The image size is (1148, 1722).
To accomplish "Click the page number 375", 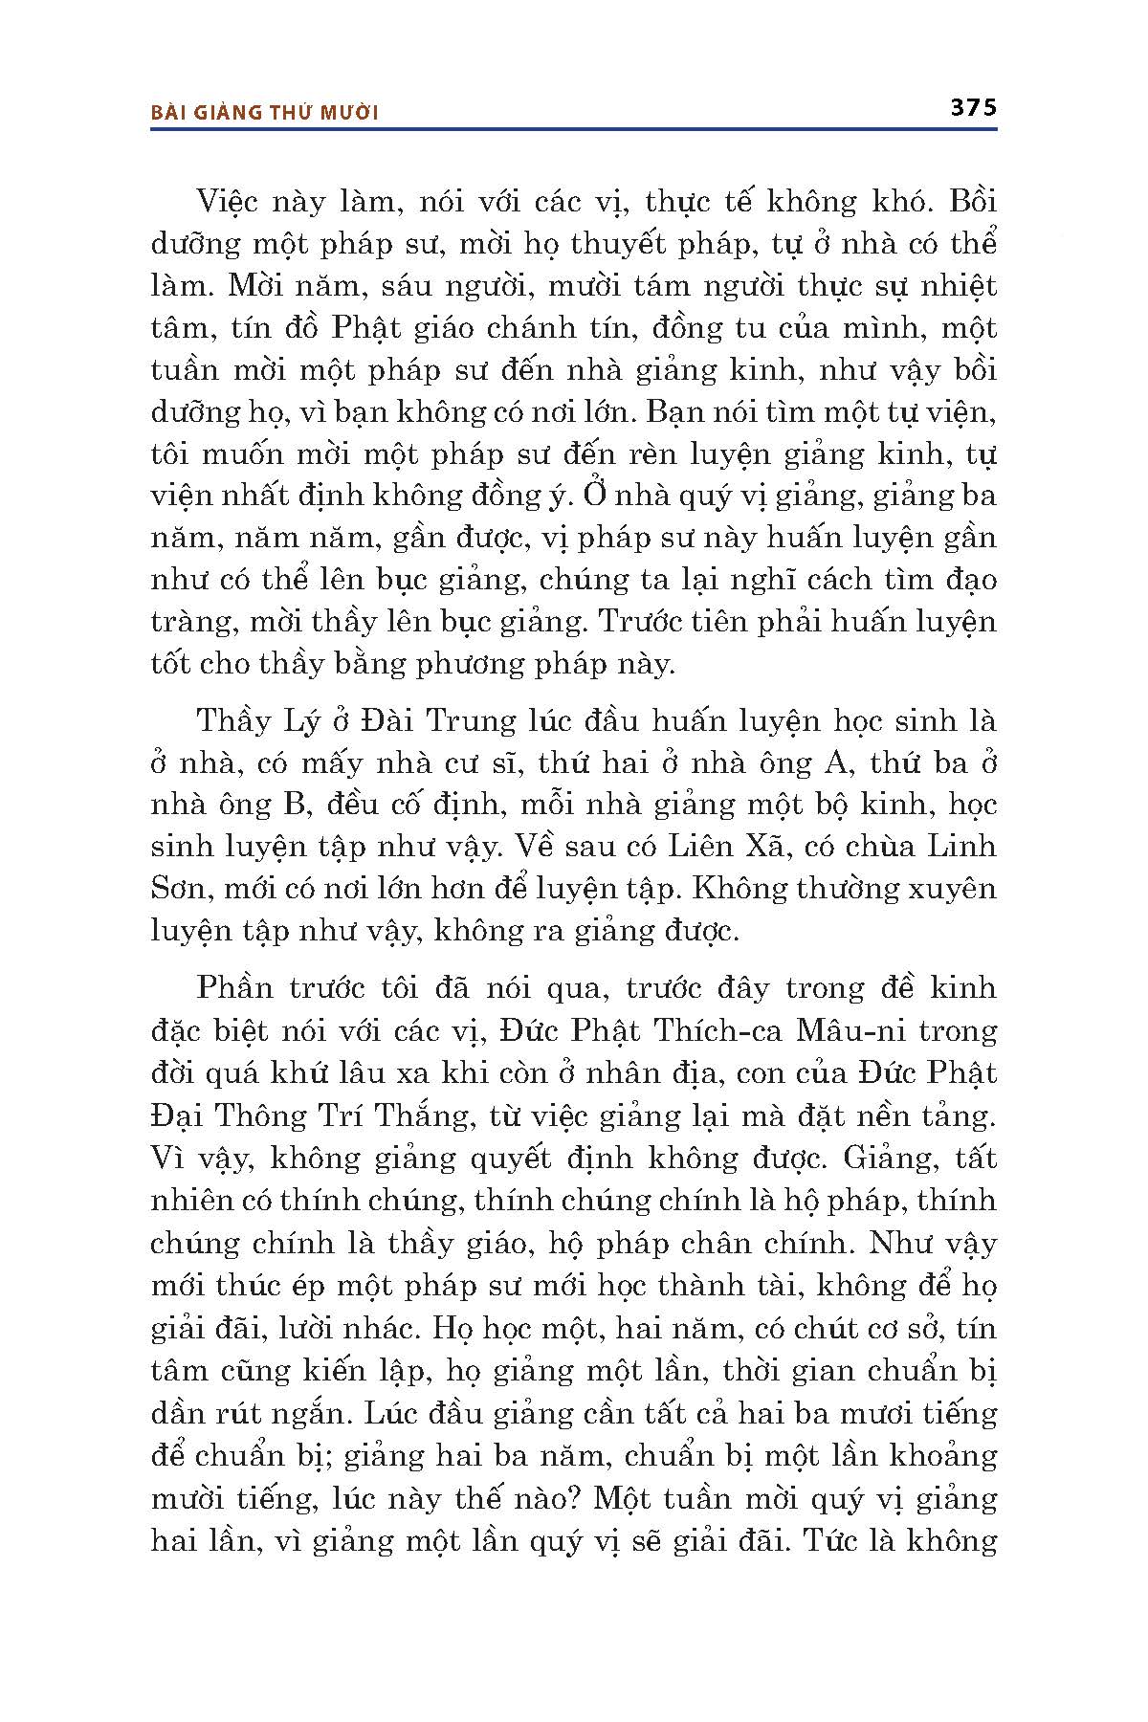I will pyautogui.click(x=973, y=107).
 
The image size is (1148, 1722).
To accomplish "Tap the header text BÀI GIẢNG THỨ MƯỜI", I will pyautogui.click(x=266, y=113).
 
